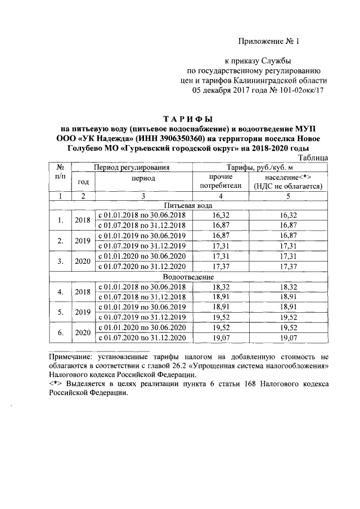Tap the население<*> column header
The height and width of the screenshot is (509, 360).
287,181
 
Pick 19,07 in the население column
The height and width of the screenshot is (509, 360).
287,338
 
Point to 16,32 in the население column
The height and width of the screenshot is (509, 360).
287,215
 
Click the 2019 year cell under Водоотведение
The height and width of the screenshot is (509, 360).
83,312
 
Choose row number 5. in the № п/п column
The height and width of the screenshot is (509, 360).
60,312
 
